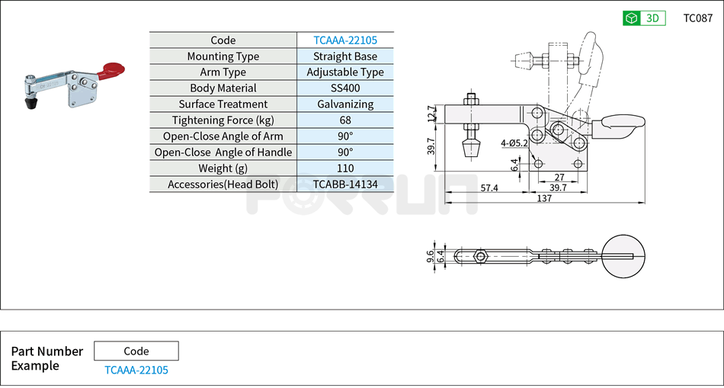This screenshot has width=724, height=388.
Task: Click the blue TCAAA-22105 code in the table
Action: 344,40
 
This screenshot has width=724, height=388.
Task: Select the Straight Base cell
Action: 344,56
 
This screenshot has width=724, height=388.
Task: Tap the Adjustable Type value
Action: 344,72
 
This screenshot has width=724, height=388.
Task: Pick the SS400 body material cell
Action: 344,88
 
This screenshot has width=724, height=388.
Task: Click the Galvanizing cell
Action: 344,104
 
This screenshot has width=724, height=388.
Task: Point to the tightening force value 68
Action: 344,120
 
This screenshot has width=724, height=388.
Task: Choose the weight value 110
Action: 344,168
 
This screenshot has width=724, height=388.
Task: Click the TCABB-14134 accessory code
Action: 344,184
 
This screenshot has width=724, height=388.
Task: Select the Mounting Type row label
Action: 223,56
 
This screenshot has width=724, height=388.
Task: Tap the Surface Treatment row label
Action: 223,104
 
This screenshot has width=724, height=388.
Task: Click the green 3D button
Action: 644,18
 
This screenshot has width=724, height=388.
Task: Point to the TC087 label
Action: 697,18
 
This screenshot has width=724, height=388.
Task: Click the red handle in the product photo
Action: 111,71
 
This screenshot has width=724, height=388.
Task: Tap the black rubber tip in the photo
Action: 33,102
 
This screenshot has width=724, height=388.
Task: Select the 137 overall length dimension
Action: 543,198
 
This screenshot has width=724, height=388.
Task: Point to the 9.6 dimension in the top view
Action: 431,257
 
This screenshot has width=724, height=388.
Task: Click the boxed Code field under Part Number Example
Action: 136,351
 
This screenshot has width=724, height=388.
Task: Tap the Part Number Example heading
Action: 46,358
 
